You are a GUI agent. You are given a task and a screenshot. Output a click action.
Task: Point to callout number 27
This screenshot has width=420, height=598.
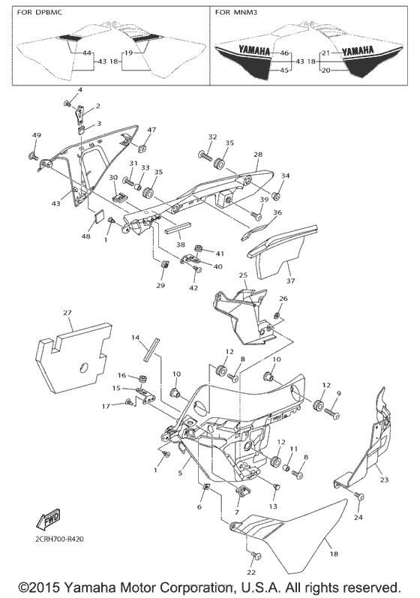pos(67,312)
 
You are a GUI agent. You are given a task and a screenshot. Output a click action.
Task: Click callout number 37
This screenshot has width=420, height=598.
pos(289,281)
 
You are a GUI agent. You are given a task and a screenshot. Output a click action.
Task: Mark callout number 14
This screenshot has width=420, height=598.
pos(136,338)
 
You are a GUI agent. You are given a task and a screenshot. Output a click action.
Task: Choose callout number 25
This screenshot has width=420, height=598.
pos(243,275)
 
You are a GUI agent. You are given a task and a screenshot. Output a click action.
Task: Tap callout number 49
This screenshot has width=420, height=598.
pos(36,135)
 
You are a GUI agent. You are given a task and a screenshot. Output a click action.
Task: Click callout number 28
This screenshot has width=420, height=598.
pos(257,155)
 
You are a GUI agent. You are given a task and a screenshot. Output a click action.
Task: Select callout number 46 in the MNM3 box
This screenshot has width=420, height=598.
pos(284,53)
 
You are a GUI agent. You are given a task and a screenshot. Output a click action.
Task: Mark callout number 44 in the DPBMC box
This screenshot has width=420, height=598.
pos(87,53)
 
